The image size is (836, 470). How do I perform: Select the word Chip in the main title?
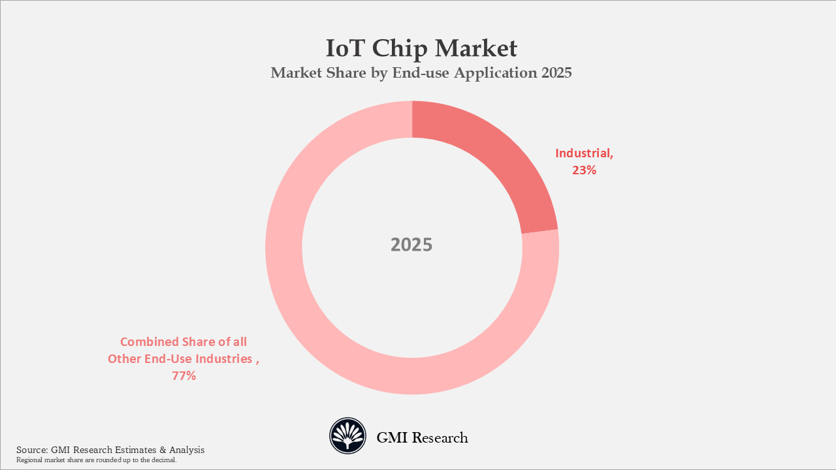click(x=401, y=49)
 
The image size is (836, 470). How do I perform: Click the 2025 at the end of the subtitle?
click(x=556, y=73)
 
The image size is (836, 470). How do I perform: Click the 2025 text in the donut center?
click(x=411, y=245)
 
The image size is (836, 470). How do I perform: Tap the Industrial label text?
click(x=584, y=153)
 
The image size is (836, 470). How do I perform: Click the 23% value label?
click(x=585, y=171)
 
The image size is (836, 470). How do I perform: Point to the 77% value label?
click(x=184, y=376)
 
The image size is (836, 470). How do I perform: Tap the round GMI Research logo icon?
click(x=347, y=436)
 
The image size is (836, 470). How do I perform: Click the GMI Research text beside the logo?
click(x=422, y=437)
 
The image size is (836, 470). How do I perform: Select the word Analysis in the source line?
click(x=187, y=450)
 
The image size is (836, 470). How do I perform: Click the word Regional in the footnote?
click(x=29, y=460)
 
